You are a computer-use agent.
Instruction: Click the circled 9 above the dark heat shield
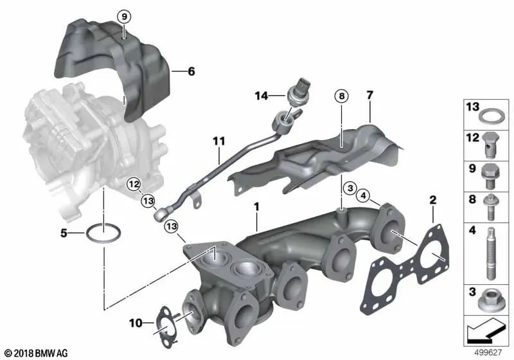click(123, 15)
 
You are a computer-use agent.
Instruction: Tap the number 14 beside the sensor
click(260, 97)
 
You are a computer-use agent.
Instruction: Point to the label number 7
click(369, 96)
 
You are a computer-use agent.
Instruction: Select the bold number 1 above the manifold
click(256, 208)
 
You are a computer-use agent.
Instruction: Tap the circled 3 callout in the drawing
click(349, 188)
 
